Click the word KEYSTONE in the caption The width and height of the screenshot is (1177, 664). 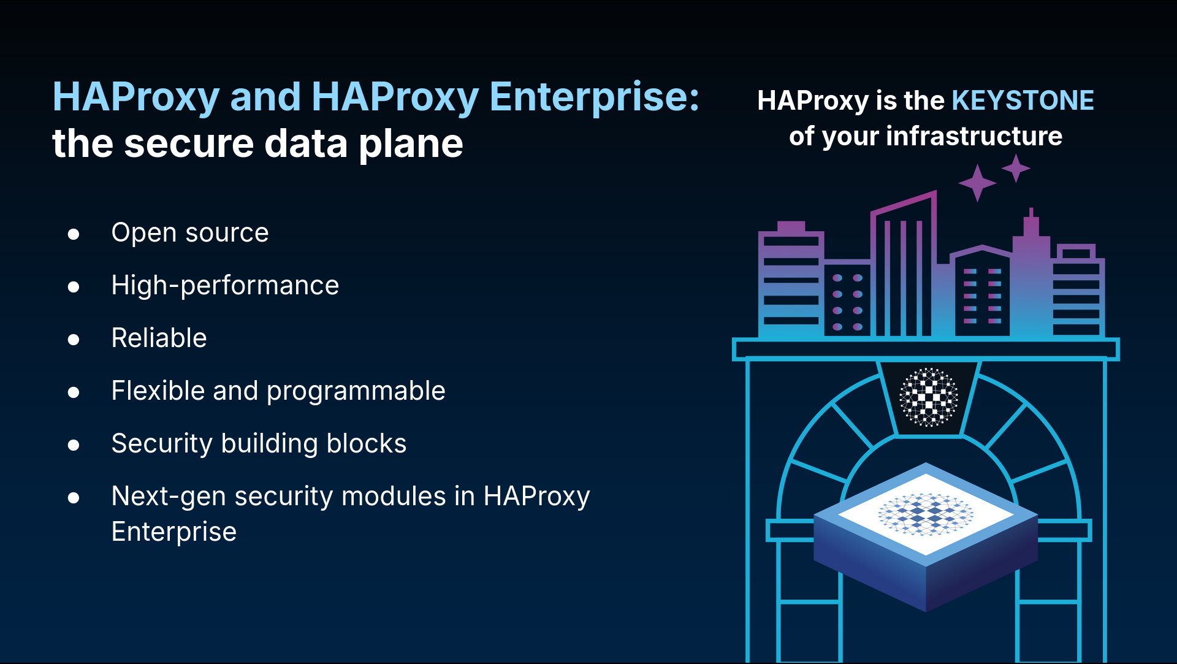[1023, 101]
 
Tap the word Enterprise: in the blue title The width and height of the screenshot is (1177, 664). [594, 97]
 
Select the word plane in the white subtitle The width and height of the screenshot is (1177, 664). [411, 145]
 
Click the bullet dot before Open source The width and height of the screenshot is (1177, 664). [74, 234]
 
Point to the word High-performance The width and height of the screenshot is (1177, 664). [225, 285]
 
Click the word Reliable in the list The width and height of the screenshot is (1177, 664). [159, 338]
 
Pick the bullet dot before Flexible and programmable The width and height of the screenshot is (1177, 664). [74, 392]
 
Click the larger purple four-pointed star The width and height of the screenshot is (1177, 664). [977, 183]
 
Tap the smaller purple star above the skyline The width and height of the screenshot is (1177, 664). [1016, 168]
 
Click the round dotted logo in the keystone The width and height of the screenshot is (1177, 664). [929, 397]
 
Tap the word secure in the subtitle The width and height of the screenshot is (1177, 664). [189, 145]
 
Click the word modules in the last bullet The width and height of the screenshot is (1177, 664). [394, 496]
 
